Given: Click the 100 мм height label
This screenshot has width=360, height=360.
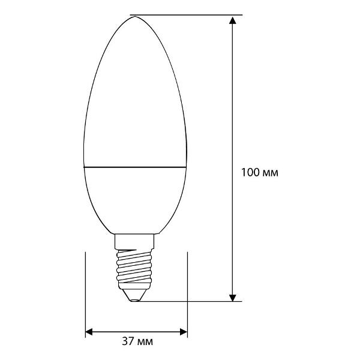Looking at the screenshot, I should (x=259, y=172).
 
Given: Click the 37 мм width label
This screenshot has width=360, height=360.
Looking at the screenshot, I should (x=137, y=342).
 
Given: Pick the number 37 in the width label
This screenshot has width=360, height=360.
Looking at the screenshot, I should (x=127, y=342).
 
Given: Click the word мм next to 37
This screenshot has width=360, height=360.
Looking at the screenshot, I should (x=146, y=342).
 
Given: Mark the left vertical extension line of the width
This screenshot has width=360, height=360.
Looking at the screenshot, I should (x=86, y=288).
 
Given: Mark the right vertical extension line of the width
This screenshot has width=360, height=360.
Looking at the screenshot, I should (x=188, y=288).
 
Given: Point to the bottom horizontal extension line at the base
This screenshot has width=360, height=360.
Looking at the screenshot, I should (x=192, y=301).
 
